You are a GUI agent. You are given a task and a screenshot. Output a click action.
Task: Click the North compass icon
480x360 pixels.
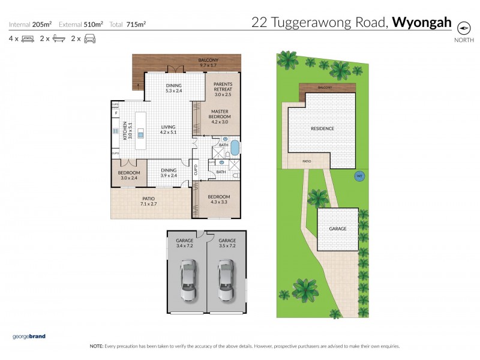click(463, 28)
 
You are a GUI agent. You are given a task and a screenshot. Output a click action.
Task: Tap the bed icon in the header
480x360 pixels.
click(28, 39)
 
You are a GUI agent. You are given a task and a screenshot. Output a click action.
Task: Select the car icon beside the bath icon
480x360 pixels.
click(89, 39)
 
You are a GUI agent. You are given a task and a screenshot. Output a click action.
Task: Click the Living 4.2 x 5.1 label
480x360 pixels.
click(167, 130)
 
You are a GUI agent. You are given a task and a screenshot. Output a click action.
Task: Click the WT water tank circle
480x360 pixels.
click(359, 176)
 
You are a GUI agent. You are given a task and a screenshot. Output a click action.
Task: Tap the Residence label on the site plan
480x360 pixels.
click(322, 128)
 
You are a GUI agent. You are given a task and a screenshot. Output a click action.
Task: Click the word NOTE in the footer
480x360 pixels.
click(96, 346)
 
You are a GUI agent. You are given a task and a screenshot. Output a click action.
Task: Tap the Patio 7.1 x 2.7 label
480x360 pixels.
click(149, 202)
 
